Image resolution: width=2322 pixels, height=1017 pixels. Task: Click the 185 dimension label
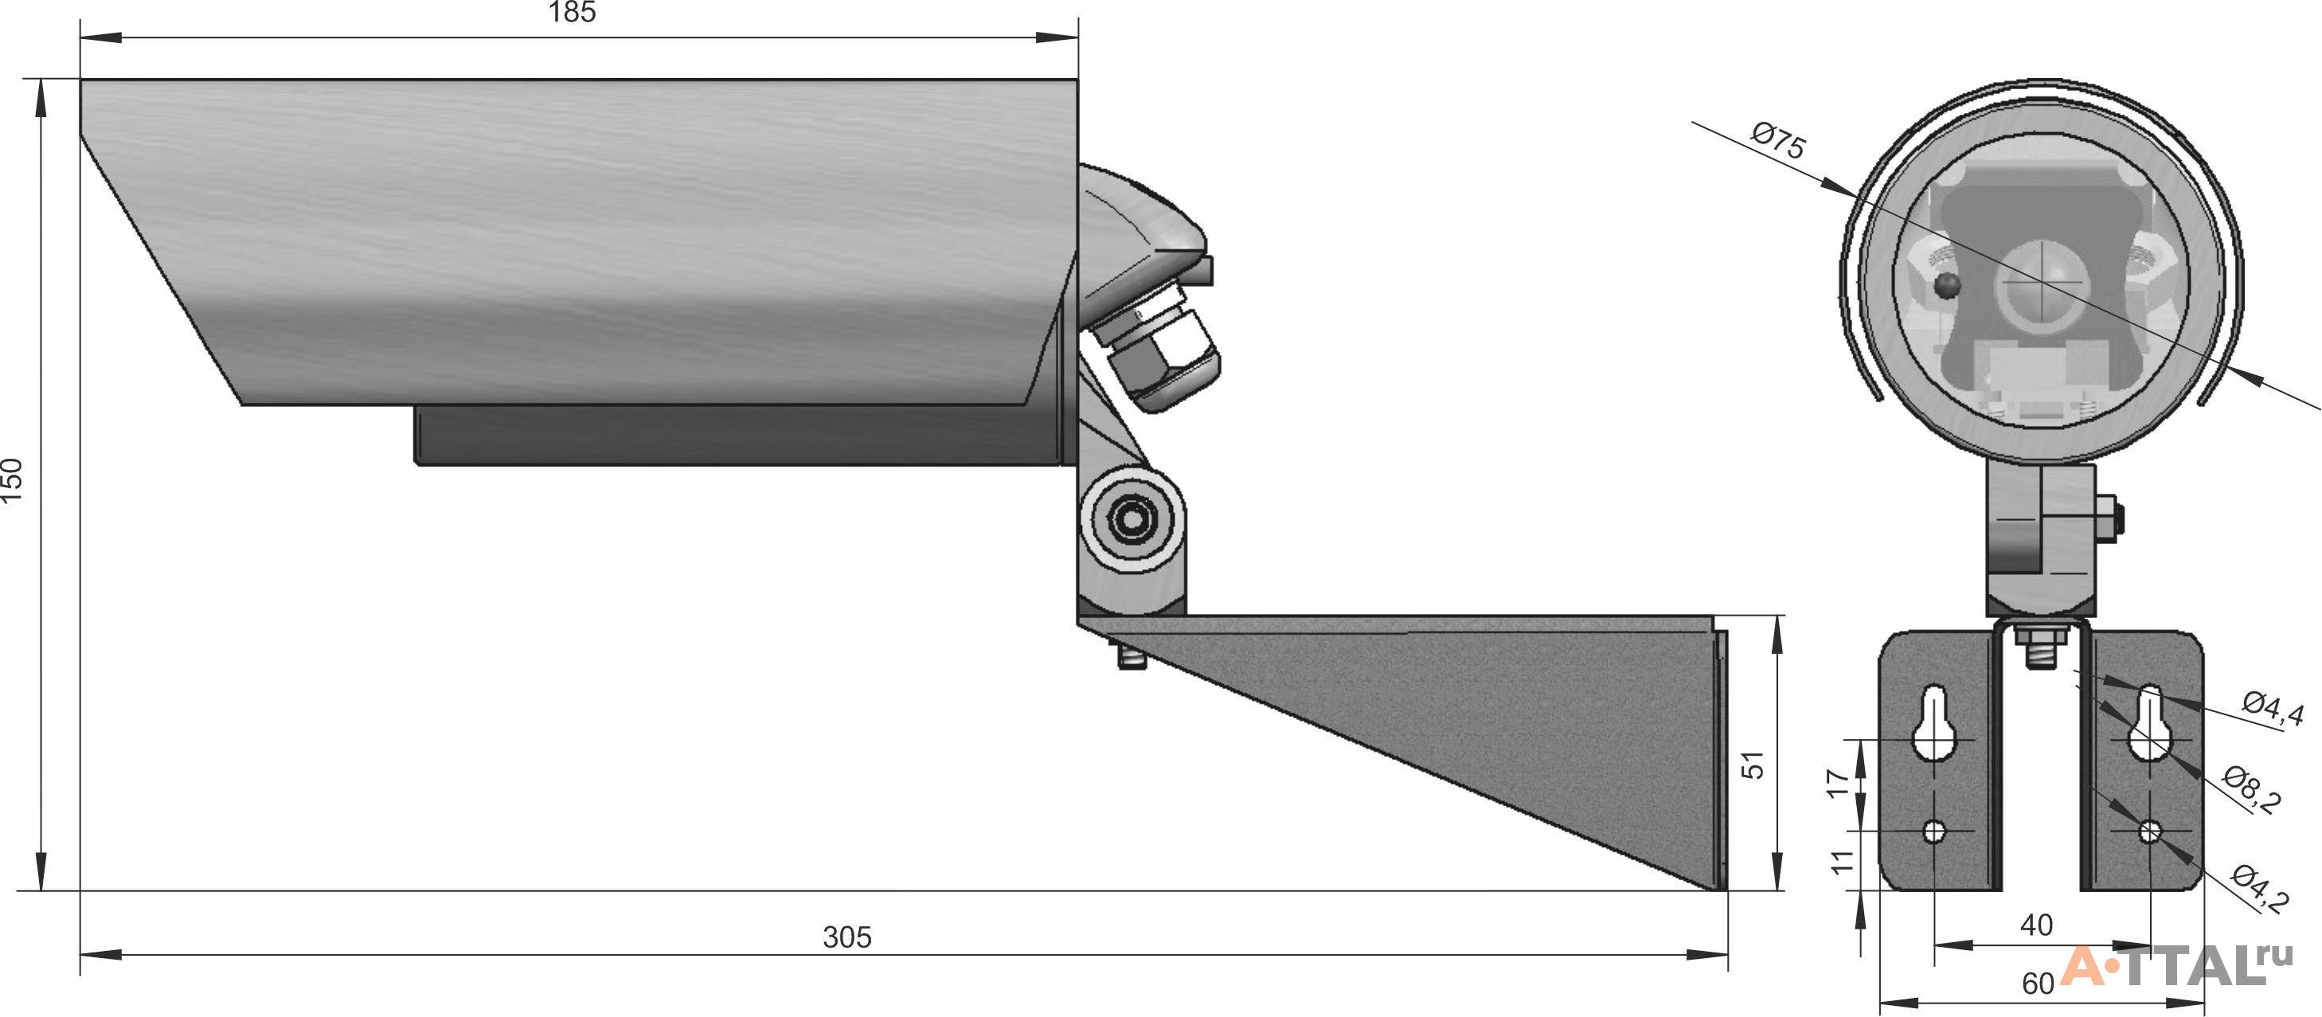573,13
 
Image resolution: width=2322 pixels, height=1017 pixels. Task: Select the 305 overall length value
847,937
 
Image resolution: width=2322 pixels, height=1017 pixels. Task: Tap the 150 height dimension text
12,480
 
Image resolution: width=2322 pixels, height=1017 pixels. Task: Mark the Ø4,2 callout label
2259,888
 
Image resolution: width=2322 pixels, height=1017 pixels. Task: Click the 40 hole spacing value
2037,925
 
